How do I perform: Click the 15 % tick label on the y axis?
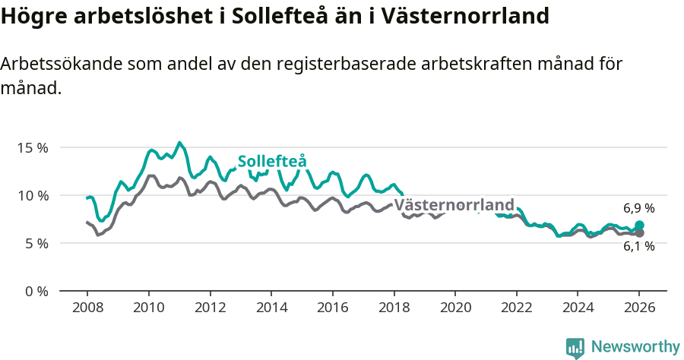click(x=32, y=147)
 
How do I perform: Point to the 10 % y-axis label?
click(x=32, y=195)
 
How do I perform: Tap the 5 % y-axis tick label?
click(x=35, y=243)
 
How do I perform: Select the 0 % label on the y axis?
click(x=35, y=292)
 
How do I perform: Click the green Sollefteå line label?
click(x=272, y=162)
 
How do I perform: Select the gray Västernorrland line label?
click(x=454, y=205)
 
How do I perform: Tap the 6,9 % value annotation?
click(x=638, y=208)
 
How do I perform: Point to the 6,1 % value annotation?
click(x=638, y=247)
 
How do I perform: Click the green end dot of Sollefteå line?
click(x=639, y=226)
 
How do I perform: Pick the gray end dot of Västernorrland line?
click(x=639, y=233)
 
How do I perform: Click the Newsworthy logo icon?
click(x=575, y=347)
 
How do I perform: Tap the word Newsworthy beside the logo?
click(x=635, y=347)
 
